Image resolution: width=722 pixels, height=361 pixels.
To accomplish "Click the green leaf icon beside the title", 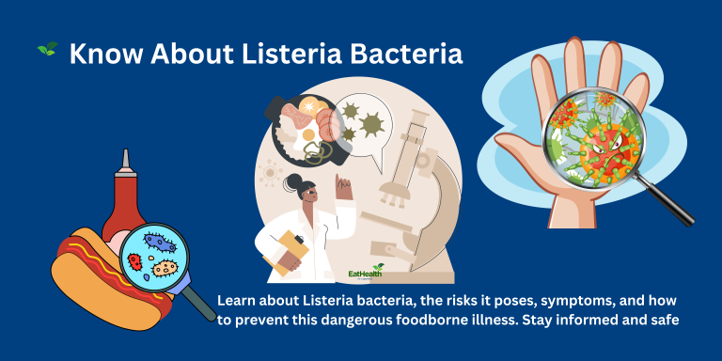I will [x=46, y=48].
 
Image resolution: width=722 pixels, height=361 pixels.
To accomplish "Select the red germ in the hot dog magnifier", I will [x=137, y=260].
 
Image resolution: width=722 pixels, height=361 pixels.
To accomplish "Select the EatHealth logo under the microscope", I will [x=367, y=274].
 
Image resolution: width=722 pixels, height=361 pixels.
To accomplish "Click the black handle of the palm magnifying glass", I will [x=669, y=202].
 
